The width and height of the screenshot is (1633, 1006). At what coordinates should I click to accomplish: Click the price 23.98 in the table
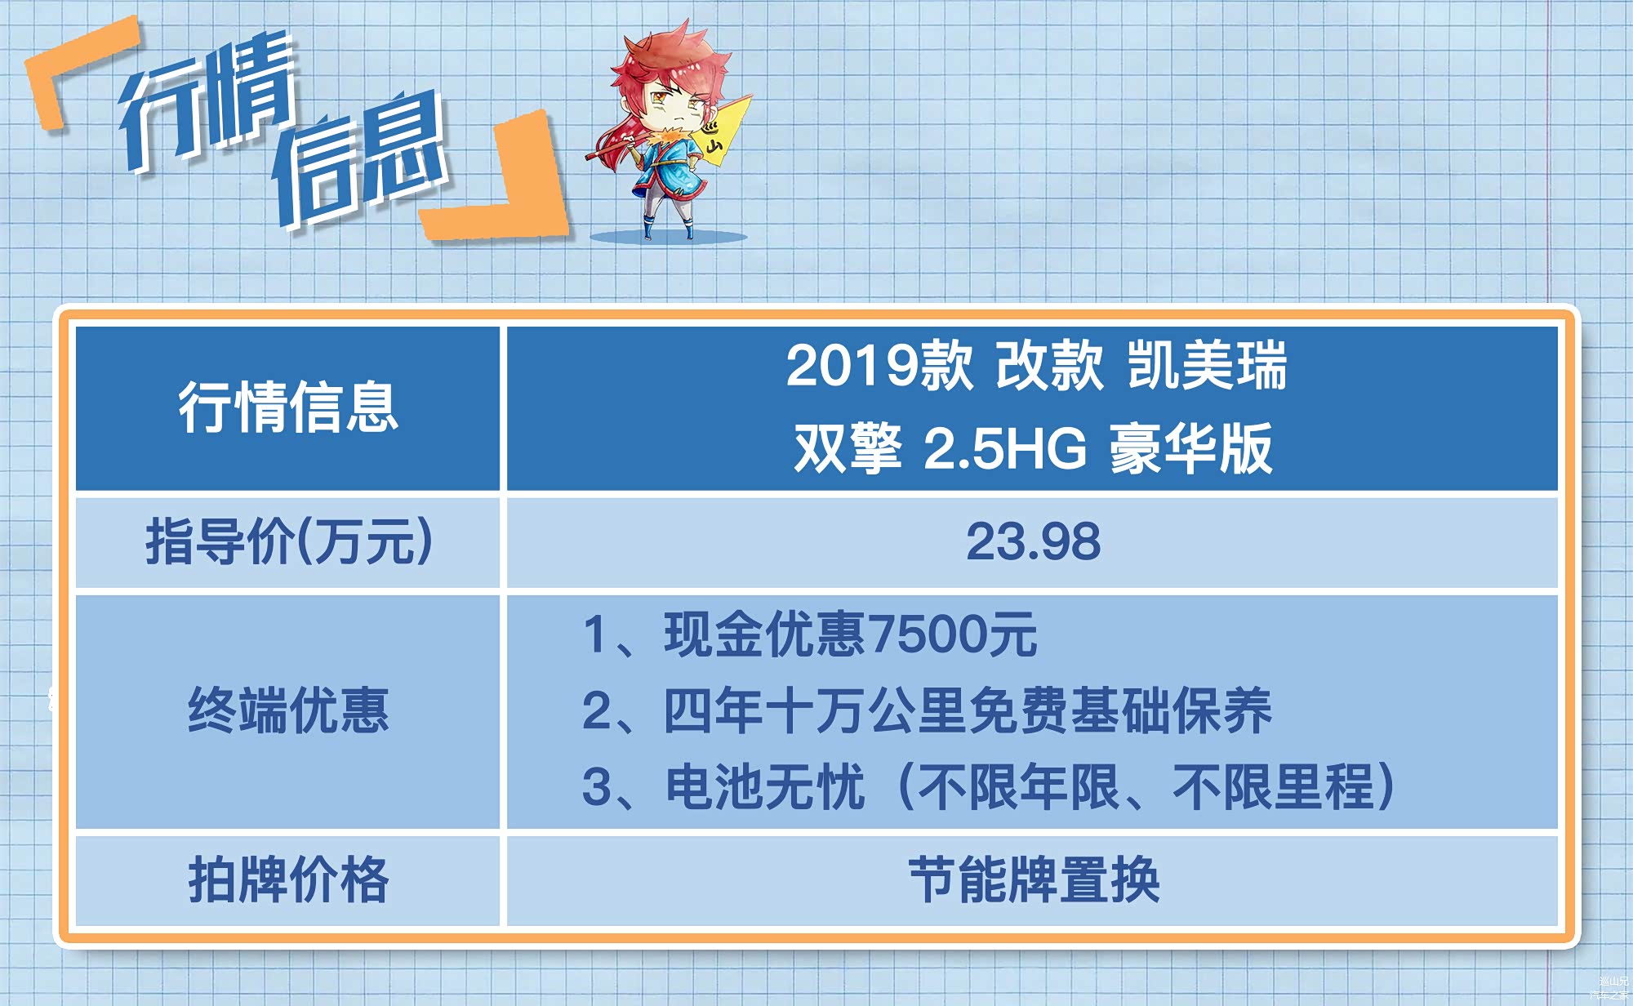point(1033,541)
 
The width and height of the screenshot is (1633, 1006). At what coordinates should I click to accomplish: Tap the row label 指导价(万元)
point(289,541)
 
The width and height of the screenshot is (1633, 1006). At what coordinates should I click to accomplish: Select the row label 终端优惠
point(288,710)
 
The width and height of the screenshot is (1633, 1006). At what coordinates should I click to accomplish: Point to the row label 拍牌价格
point(288,879)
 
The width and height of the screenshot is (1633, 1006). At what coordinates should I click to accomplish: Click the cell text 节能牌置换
point(1034,879)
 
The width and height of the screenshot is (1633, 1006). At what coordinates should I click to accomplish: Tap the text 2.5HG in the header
point(1005,448)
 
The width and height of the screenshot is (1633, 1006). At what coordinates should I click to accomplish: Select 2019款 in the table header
point(879,365)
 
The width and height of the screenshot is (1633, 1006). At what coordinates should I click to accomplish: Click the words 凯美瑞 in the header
point(1207,365)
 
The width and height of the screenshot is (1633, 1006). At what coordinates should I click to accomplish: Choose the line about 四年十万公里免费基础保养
point(927,710)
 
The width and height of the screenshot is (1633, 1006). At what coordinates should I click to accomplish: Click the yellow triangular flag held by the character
point(722,131)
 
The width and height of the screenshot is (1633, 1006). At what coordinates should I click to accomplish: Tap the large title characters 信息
point(359,159)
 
